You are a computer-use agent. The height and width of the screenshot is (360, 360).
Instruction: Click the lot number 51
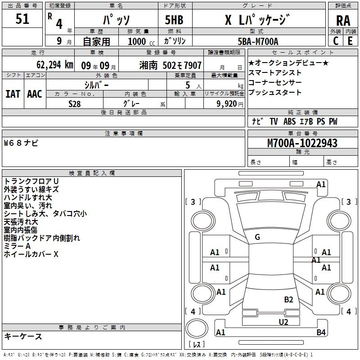point(22,19)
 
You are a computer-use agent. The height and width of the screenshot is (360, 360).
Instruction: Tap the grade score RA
point(343,21)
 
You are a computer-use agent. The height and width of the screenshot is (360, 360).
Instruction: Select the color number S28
point(75,103)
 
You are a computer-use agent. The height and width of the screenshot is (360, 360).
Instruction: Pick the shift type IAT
point(13,94)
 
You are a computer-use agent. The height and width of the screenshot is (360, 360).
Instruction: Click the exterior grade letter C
point(335,41)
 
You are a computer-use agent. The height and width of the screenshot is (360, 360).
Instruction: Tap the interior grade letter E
point(350,41)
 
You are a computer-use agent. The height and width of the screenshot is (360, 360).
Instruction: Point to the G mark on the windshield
point(257,237)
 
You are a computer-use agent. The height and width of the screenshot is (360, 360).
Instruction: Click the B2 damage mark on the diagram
point(288,300)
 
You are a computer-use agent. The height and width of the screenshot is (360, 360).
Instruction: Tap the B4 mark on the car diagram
point(321,333)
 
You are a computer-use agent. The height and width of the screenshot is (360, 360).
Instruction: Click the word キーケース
point(23,337)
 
